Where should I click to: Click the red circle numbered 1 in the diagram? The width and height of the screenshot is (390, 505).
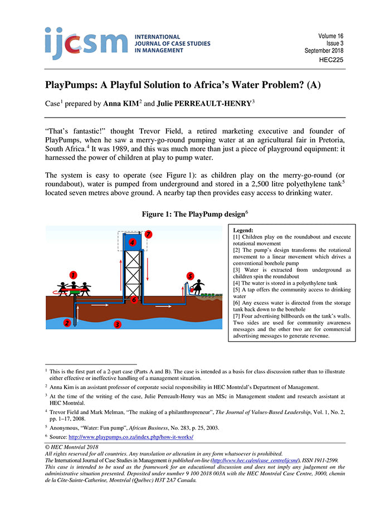pos(73,274)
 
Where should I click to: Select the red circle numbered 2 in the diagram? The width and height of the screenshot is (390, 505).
pos(67,322)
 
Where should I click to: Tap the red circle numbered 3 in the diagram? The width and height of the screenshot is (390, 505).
pos(117,323)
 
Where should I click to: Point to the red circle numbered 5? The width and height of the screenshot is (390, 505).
pos(190,276)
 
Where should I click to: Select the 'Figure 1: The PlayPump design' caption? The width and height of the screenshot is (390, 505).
pos(195,212)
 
